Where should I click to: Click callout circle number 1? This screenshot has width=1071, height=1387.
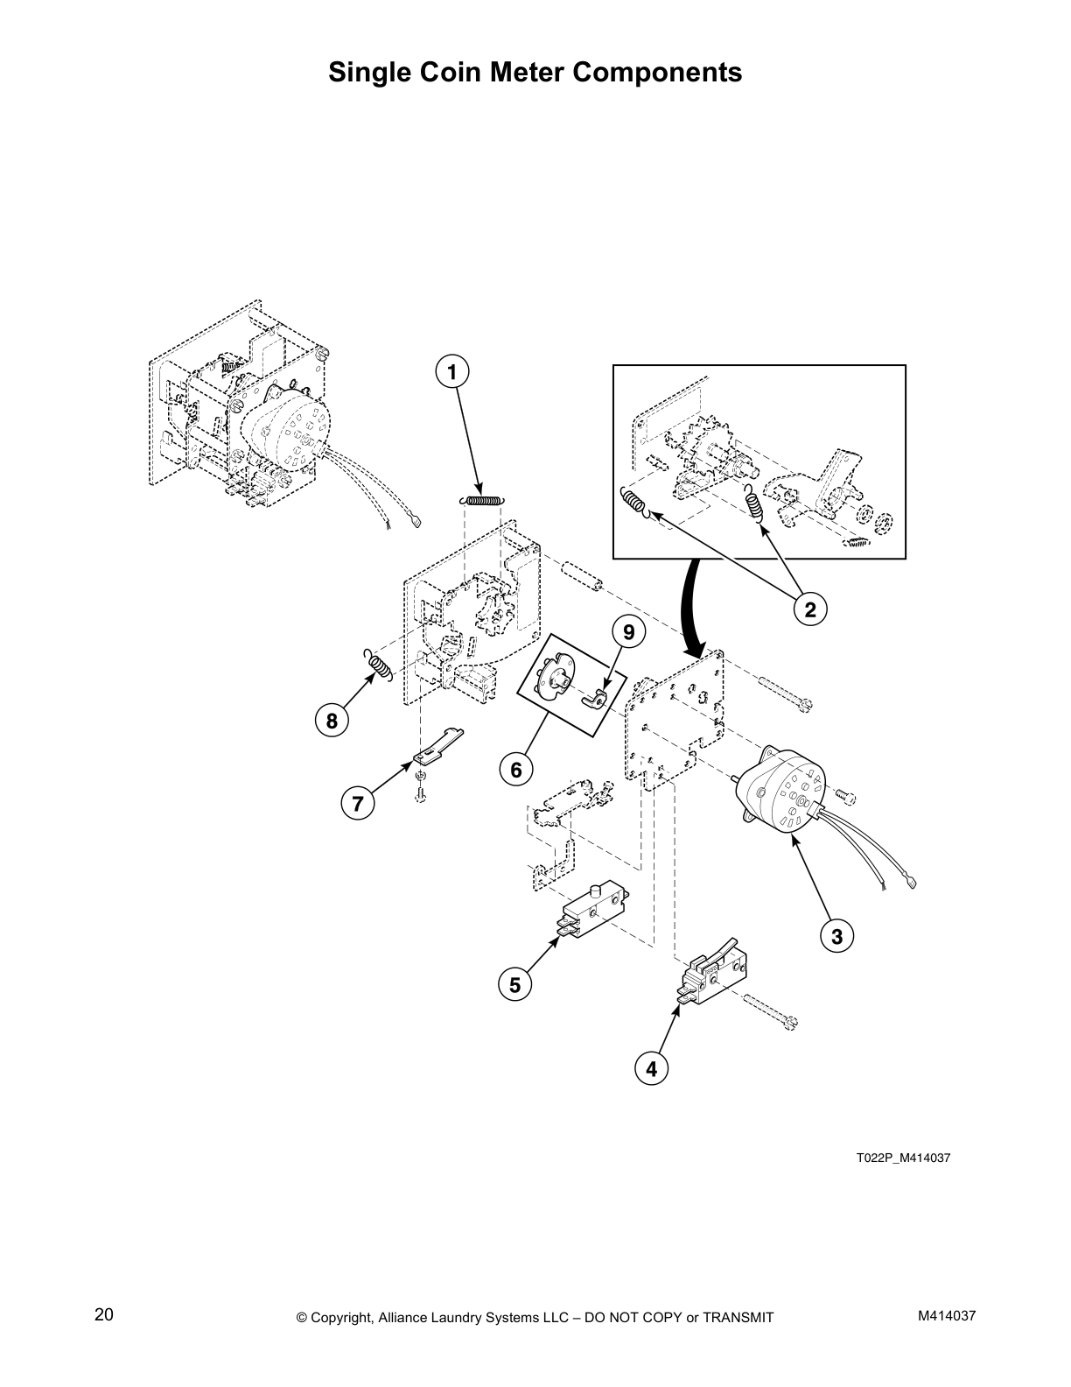(x=451, y=372)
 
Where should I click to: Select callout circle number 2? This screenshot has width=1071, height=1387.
(x=810, y=609)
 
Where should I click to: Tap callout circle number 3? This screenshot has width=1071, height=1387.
(x=836, y=936)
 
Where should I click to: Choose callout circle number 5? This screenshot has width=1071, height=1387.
(x=514, y=985)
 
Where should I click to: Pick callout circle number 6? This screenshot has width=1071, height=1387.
(x=515, y=770)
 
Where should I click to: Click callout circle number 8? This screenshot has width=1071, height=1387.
(x=331, y=722)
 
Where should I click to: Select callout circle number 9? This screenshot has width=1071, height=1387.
(x=628, y=630)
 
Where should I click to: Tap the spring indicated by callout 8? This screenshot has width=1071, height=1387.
(x=378, y=664)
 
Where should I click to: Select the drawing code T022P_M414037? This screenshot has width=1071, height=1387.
(x=902, y=1158)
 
